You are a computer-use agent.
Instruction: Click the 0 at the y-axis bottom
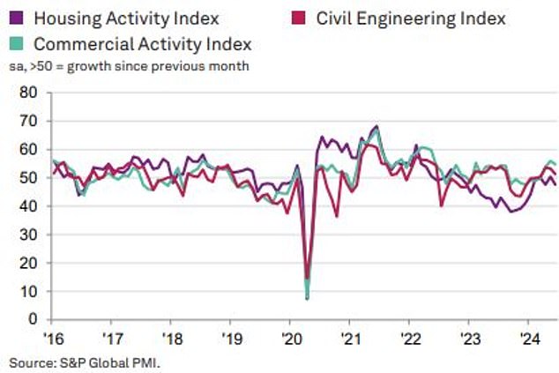[32, 319]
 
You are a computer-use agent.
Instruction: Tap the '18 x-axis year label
[172, 339]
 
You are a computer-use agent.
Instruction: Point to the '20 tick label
[292, 339]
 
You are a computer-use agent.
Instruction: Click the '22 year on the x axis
[411, 339]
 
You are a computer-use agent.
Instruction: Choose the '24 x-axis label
[531, 339]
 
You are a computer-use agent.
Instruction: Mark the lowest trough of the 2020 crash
[307, 299]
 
